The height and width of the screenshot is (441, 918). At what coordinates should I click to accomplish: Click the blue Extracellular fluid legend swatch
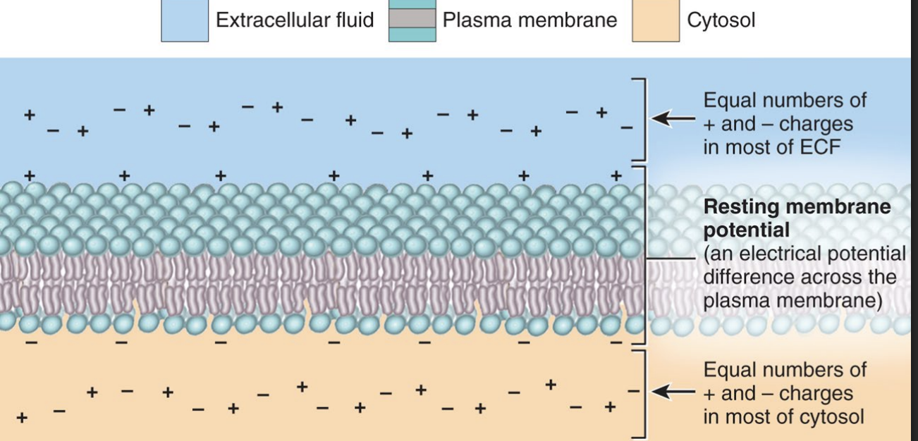coord(185,21)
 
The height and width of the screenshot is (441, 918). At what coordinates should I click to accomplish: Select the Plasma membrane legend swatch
coord(412,21)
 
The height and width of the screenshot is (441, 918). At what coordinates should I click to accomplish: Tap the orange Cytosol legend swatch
coord(655,21)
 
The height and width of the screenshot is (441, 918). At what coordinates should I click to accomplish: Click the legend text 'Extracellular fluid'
coord(295,20)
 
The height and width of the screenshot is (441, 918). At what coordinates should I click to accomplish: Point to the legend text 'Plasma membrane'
coord(530,20)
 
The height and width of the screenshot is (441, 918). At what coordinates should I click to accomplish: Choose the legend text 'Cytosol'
coord(721,20)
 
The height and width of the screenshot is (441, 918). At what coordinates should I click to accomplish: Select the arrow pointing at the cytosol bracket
coord(671,390)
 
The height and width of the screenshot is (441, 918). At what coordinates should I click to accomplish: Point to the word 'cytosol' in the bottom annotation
coord(831,416)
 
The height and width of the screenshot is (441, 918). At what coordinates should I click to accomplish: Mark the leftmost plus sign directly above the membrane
coord(30,175)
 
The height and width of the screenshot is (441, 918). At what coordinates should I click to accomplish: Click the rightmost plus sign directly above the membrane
coord(616,175)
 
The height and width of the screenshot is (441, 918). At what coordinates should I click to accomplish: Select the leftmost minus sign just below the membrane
coord(30,343)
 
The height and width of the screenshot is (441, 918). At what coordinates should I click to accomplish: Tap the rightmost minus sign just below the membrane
coord(616,343)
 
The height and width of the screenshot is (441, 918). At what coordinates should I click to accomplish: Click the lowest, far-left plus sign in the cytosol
coord(21,418)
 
